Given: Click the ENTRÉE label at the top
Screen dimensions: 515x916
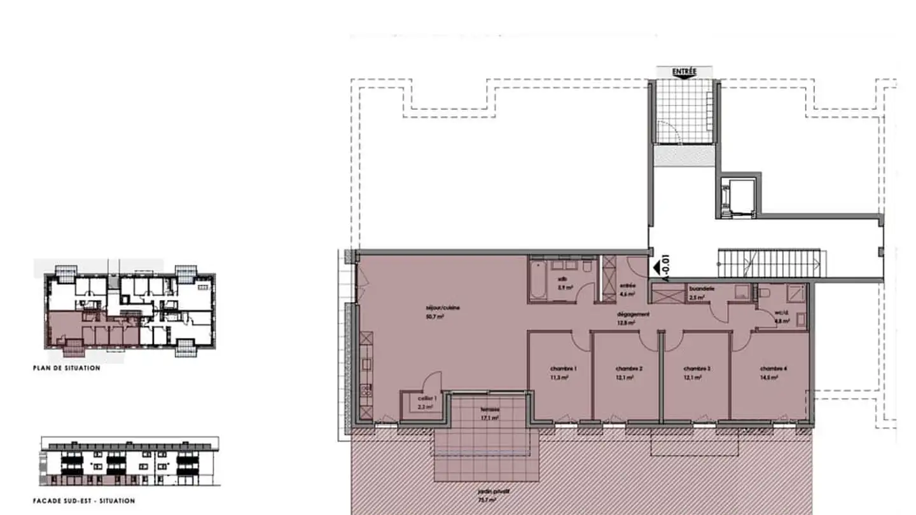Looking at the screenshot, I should pos(684,72).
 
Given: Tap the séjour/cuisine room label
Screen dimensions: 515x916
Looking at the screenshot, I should pos(443,308).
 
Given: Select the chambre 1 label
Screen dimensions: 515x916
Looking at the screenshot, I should pos(563,369).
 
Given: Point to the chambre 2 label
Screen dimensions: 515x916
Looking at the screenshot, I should pos(628,369).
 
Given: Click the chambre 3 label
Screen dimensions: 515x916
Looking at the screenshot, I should pos(697,369).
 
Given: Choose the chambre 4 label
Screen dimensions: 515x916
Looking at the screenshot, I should pos(774,369).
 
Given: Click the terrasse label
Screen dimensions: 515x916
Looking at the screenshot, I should pos(490,409).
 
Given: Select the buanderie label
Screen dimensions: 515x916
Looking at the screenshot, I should pos(702,289).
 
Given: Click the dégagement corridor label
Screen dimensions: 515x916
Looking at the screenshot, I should pos(633,314).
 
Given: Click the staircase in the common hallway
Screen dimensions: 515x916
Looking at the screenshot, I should pos(771,263).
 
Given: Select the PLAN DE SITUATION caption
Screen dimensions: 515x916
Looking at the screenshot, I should pos(67,368).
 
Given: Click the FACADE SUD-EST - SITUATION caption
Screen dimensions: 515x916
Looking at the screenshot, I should pos(84,501).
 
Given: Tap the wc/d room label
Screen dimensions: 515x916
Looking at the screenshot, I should pos(782,313).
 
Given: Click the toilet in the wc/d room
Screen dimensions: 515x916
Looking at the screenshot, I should pos(765,292).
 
